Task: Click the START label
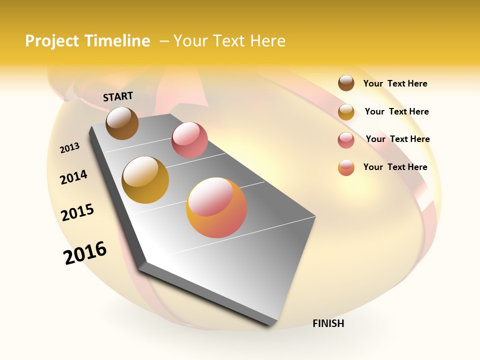tap(118, 96)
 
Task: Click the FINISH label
tap(328, 323)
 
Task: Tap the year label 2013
tap(69, 147)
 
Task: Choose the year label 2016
tap(85, 252)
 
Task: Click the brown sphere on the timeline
tap(122, 123)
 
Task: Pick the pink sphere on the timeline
tap(189, 140)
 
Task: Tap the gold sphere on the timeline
tap(145, 180)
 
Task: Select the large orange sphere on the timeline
tap(216, 207)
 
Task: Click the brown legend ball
tap(346, 83)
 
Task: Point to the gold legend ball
tap(346, 112)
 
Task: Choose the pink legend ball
tap(346, 140)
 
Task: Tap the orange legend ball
tap(346, 167)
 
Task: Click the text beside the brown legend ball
tap(395, 83)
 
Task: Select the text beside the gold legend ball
tap(396, 111)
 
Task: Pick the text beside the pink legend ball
tap(397, 139)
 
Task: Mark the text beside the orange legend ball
tap(395, 167)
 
